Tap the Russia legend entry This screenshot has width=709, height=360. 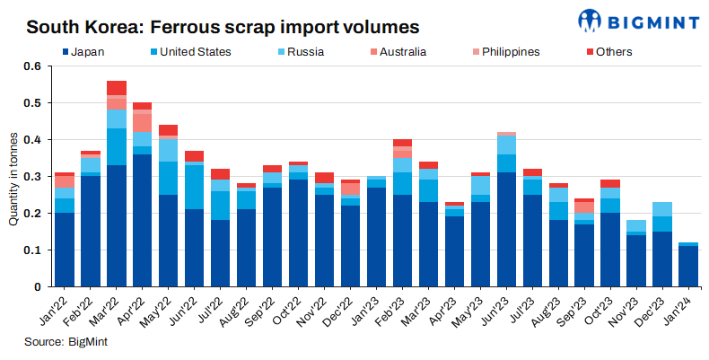pyautogui.click(x=306, y=51)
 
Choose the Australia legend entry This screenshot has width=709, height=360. pyautogui.click(x=402, y=51)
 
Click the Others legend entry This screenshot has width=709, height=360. pyautogui.click(x=613, y=51)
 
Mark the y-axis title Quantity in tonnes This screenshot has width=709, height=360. pyautogui.click(x=13, y=177)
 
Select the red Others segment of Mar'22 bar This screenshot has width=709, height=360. pyautogui.click(x=117, y=88)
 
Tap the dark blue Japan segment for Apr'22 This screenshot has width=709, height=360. pyautogui.click(x=143, y=220)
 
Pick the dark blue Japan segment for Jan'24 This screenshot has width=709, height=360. pyautogui.click(x=689, y=267)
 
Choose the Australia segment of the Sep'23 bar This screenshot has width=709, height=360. pyautogui.click(x=585, y=207)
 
